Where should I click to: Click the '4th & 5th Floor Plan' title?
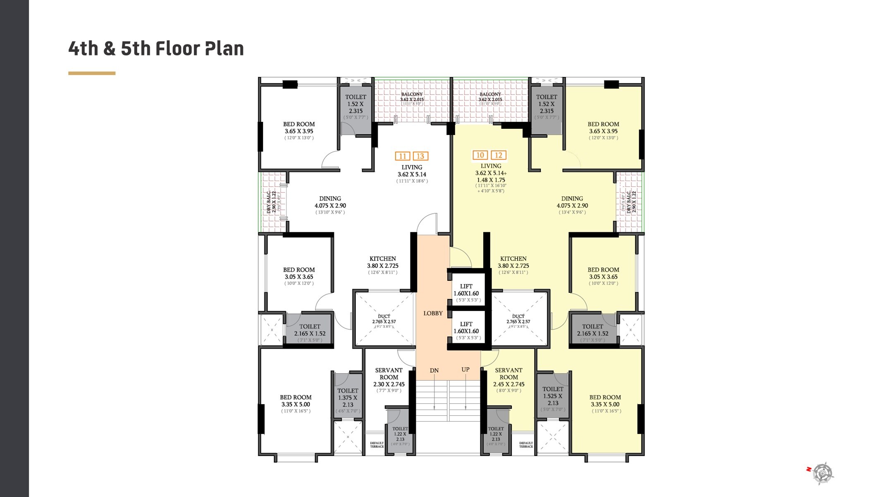coord(156,48)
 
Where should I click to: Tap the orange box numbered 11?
coord(402,156)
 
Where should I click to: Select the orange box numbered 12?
coord(498,155)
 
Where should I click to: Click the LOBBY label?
coord(433,314)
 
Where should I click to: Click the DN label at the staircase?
coord(434,370)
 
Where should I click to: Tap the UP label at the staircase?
coord(465,369)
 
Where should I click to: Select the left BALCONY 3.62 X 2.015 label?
coord(412,97)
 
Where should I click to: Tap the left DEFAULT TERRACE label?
coord(377,444)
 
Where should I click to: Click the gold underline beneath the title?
coord(92,73)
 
